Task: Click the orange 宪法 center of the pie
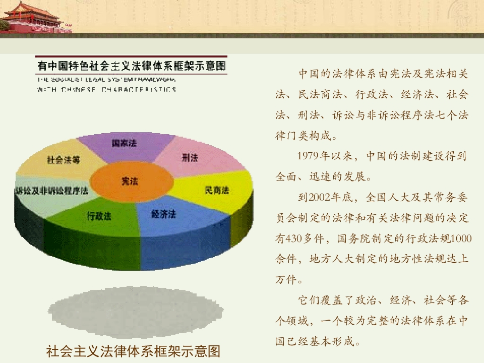(x=130, y=181)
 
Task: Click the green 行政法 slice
(x=99, y=216)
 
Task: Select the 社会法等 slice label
(x=64, y=160)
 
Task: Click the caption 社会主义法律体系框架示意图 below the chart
(x=133, y=351)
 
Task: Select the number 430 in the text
(x=294, y=238)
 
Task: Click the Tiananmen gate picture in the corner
(x=35, y=17)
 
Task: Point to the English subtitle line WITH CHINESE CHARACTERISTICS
(x=106, y=90)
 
